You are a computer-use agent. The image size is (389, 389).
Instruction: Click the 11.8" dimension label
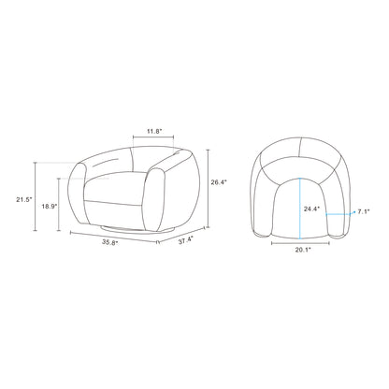pos(154,131)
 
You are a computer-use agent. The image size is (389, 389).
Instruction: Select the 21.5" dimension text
pos(24,200)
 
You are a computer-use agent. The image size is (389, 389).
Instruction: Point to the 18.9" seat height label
pos(50,206)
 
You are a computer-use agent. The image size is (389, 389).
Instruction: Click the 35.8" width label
pos(110,243)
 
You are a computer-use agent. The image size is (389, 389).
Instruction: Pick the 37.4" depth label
pos(186,240)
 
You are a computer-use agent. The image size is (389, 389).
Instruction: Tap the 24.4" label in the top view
pos(312,209)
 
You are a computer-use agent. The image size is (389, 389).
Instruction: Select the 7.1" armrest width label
pos(364,211)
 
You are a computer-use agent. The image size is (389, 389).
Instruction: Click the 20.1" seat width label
pos(303,250)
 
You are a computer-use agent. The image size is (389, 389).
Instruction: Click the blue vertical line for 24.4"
pos(300,209)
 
